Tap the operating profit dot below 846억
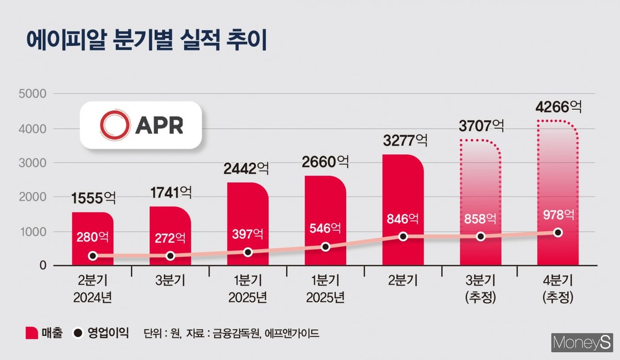403,237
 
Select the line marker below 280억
92,256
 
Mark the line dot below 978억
558,232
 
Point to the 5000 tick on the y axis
32,94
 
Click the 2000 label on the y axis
32,197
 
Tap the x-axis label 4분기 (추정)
558,290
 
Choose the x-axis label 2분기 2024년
92,290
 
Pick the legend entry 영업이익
100,333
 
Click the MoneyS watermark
581,342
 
